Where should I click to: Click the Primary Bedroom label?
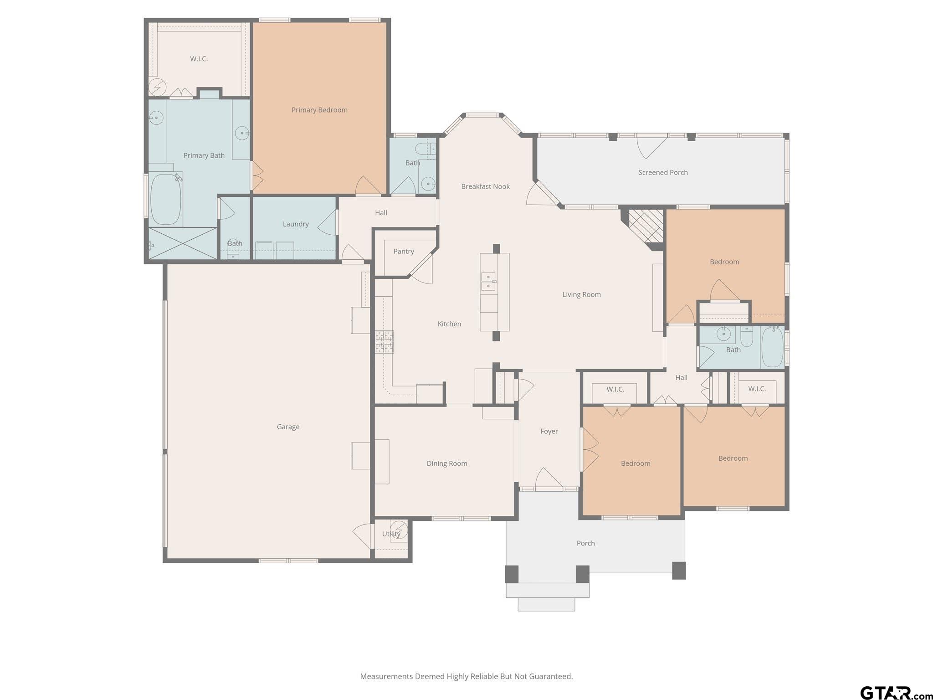[x=319, y=110]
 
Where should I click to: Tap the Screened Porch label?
[x=663, y=172]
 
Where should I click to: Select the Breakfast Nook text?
[x=485, y=186]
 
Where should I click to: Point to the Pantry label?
[x=404, y=252]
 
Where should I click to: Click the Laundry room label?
[x=296, y=224]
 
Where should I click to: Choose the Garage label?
[x=288, y=427]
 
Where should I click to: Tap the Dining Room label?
[x=447, y=463]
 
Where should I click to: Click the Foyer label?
[x=549, y=431]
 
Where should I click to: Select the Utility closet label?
[x=391, y=534]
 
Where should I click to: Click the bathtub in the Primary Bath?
[x=166, y=199]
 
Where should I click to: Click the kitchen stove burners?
[x=384, y=342]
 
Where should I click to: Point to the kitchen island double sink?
[x=488, y=282]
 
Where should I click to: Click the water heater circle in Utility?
[x=398, y=530]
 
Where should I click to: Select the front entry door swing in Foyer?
[x=549, y=479]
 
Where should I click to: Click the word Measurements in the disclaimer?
[x=386, y=676]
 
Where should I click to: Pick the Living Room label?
[x=581, y=294]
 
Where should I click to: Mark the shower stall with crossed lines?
[x=183, y=243]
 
